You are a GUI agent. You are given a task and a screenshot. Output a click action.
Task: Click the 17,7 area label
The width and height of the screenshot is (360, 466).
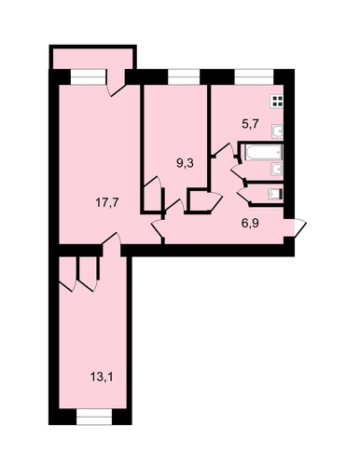click(x=106, y=203)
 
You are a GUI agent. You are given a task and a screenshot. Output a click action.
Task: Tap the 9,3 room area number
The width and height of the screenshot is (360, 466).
click(x=185, y=164)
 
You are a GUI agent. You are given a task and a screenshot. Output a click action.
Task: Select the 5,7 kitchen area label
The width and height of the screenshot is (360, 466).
click(x=250, y=125)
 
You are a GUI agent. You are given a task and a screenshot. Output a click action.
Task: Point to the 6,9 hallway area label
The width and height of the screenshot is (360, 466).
click(x=250, y=223)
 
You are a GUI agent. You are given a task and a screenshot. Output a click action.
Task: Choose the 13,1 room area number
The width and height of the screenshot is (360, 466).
click(x=102, y=377)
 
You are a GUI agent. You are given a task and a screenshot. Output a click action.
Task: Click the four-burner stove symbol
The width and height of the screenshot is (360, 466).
click(x=277, y=102)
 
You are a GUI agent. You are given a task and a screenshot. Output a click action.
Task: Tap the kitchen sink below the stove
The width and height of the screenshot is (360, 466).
click(x=278, y=131)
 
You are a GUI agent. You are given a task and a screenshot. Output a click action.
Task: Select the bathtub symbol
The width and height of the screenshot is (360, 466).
click(x=264, y=153)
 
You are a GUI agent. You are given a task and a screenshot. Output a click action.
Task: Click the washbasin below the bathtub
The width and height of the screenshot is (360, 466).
click(x=277, y=170)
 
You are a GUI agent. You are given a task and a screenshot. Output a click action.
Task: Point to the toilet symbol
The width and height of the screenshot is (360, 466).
click(x=275, y=194)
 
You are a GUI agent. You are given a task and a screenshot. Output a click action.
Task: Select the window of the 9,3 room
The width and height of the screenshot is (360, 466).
click(x=184, y=76)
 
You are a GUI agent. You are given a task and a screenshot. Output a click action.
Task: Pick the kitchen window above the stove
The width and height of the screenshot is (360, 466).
click(x=254, y=76)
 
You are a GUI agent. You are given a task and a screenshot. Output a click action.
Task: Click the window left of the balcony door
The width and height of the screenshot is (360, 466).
click(x=89, y=76)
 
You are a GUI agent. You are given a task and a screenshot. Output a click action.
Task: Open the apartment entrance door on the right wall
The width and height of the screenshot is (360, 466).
click(x=298, y=229)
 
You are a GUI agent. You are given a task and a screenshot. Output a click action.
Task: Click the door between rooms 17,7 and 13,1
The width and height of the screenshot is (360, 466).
click(x=111, y=241)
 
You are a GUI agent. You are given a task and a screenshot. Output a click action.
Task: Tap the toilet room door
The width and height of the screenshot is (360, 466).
click(x=243, y=194)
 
